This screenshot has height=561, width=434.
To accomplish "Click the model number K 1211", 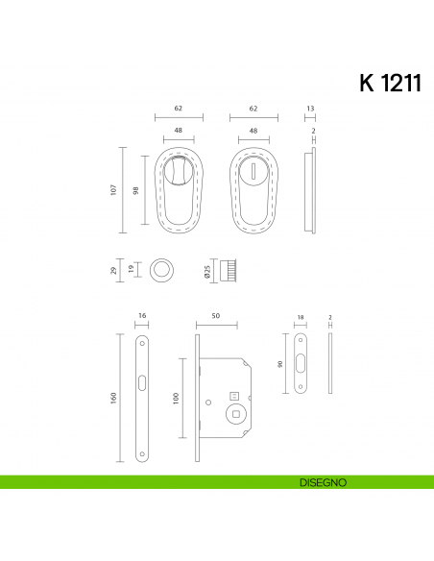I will (390, 83).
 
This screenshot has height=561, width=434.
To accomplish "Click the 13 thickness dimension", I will (309, 110).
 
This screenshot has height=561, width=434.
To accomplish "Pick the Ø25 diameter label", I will (206, 273).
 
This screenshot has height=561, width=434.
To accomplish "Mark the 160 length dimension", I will (114, 397).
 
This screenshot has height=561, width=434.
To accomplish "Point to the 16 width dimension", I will (141, 315).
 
